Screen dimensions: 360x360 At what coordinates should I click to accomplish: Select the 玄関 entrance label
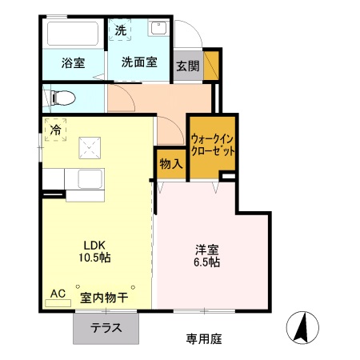(x=188, y=66)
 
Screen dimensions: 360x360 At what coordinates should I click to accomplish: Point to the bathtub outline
(x=73, y=34)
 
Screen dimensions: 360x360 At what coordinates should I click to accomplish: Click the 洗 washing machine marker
(x=121, y=31)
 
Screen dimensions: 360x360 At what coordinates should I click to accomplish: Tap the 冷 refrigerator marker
(x=56, y=128)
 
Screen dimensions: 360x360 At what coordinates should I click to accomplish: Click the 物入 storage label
(x=170, y=163)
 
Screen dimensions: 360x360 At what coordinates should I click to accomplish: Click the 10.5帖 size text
(x=96, y=258)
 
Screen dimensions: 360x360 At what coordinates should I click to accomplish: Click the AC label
(x=58, y=294)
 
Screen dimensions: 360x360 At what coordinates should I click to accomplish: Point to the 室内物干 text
(x=106, y=298)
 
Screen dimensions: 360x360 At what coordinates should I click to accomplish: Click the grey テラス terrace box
(x=106, y=327)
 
